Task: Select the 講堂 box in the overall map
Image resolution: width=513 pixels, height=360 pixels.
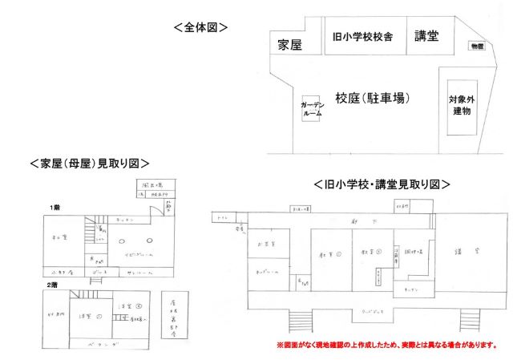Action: [426, 36]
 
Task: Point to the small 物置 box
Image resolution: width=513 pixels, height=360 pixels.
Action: [477, 47]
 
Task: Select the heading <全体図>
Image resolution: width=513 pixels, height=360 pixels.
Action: [201, 26]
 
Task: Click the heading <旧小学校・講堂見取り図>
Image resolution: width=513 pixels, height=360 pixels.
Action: [382, 184]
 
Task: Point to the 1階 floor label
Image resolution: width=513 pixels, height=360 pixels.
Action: [55, 208]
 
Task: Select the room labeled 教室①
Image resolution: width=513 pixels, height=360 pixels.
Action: [330, 256]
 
